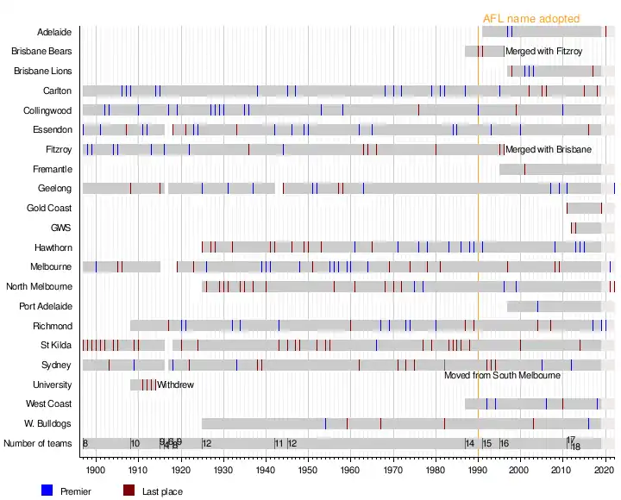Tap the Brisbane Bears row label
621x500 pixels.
(x=41, y=52)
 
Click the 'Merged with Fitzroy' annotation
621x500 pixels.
(x=544, y=52)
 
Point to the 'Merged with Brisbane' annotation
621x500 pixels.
(x=549, y=149)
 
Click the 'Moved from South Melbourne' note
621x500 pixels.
(x=502, y=376)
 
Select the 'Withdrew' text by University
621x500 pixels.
(x=176, y=384)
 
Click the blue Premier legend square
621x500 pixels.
(x=47, y=491)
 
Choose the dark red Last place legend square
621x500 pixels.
(x=129, y=491)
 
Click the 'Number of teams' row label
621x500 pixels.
(x=38, y=444)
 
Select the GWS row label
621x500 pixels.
(x=60, y=228)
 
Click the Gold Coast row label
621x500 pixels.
(x=49, y=208)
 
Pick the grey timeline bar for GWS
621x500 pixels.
(x=586, y=228)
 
